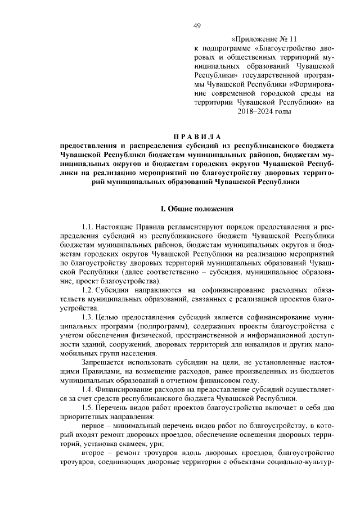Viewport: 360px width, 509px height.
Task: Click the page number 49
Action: [x=197, y=25]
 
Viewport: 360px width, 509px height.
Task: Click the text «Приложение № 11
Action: [x=264, y=39]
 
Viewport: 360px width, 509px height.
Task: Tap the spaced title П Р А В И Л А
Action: [x=197, y=137]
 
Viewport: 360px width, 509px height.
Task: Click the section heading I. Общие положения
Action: [x=197, y=209]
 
